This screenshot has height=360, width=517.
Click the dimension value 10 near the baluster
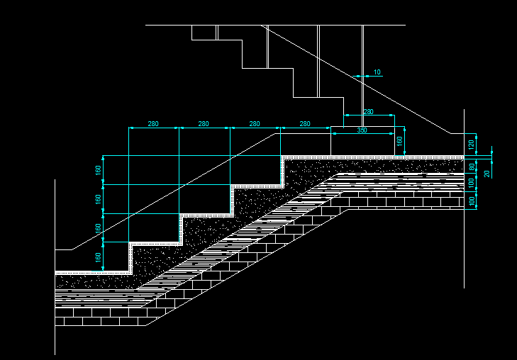377,72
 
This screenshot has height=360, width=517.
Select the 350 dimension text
362,130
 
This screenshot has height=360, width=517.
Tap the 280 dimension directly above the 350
368,112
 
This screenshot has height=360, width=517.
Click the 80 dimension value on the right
471,167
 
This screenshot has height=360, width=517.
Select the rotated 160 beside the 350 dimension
399,141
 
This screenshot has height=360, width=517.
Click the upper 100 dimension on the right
471,184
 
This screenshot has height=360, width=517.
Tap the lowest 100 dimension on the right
471,201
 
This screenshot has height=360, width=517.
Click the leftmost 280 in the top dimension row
153,124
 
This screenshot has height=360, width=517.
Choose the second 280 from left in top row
204,124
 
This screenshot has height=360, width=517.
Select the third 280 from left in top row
255,124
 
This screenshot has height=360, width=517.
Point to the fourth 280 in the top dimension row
305,124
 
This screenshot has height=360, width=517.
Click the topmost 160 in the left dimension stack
99,170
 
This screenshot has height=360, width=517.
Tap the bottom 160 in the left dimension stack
99,257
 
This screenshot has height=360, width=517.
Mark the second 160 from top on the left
99,199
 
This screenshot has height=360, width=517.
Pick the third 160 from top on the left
99,228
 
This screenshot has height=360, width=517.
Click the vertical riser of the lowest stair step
130,258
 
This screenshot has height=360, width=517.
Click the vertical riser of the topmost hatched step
283,171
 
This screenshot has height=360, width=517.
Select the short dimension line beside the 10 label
362,77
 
